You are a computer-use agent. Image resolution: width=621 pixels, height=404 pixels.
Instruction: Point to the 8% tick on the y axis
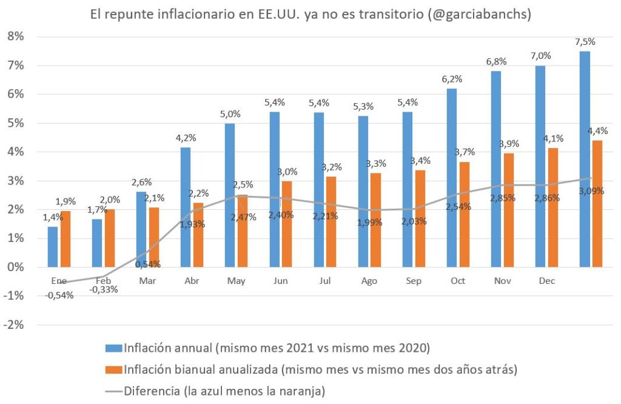tap(17, 36)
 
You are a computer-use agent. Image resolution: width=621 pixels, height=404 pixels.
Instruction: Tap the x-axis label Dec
tap(548, 281)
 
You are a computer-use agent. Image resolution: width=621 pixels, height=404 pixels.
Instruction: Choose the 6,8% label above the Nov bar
tap(497, 62)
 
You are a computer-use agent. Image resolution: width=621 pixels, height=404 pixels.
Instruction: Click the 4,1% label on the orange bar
tap(553, 138)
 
